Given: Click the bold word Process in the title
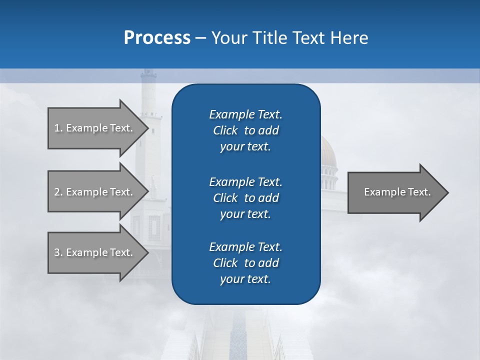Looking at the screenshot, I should (x=157, y=37).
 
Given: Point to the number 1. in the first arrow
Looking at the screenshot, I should (x=58, y=128).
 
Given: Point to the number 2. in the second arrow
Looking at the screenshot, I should (x=58, y=192).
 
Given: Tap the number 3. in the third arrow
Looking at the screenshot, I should (x=58, y=252).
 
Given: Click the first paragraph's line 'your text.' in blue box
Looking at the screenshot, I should (x=245, y=147).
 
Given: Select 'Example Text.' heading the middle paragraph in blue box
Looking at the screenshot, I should (x=245, y=181).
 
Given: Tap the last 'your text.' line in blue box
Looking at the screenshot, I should (x=245, y=279).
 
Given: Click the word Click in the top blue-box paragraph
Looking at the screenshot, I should (x=225, y=130).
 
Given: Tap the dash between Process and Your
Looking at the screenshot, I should (x=200, y=38).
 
